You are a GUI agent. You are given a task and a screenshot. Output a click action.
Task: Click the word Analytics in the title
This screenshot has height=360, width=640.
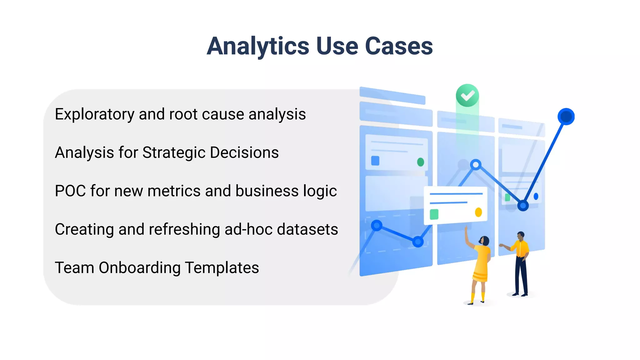click(x=258, y=46)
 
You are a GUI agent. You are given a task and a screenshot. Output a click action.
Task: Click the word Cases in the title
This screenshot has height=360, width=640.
click(x=399, y=46)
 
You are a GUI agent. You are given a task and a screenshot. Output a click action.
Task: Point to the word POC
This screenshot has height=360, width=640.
click(x=70, y=191)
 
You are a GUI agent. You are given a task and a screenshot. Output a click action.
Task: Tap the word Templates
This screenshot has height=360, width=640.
click(x=222, y=268)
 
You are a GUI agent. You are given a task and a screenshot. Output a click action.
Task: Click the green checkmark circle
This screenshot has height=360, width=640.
click(x=467, y=95)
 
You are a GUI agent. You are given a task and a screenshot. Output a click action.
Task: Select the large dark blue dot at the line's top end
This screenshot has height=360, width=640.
click(x=566, y=117)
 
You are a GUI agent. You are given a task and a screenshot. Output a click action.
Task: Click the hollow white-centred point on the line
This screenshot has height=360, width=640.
click(x=476, y=164)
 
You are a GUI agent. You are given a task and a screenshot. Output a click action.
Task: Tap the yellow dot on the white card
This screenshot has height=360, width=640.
click(x=478, y=212)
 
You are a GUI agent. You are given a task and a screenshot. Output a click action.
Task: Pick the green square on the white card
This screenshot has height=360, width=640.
click(x=434, y=214)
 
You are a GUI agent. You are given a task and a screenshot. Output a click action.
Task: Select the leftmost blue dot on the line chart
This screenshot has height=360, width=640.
click(x=377, y=225)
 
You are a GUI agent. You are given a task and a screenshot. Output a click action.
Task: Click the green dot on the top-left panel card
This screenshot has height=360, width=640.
click(x=421, y=162)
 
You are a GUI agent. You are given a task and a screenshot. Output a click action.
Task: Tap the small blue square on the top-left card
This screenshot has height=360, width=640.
click(x=375, y=161)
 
